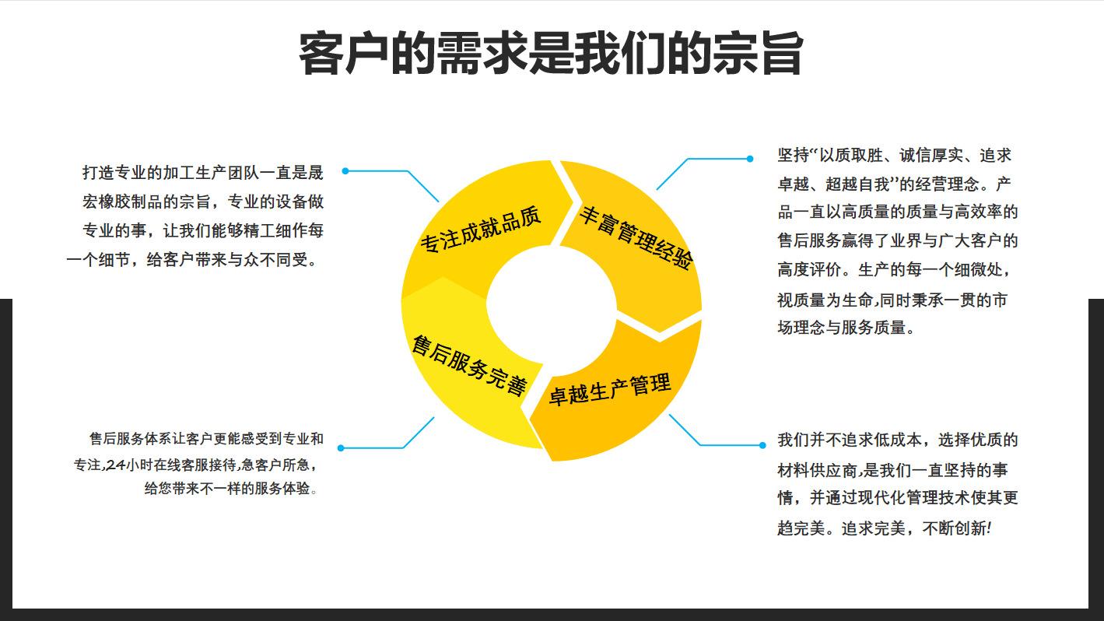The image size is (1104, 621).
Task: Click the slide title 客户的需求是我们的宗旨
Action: (x=550, y=53)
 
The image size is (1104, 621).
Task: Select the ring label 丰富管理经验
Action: (x=635, y=237)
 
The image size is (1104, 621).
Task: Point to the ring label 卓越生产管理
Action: (x=609, y=388)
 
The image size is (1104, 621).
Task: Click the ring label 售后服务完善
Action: (x=469, y=365)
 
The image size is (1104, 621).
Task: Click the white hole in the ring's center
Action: (x=552, y=305)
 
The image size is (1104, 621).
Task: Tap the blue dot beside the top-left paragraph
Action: (x=345, y=171)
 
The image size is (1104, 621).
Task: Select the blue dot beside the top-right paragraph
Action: (x=750, y=159)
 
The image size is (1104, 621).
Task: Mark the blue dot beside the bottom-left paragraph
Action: (x=341, y=447)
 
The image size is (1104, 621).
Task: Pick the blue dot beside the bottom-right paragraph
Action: (x=762, y=445)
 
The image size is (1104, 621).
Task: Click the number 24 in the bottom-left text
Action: (x=114, y=465)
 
